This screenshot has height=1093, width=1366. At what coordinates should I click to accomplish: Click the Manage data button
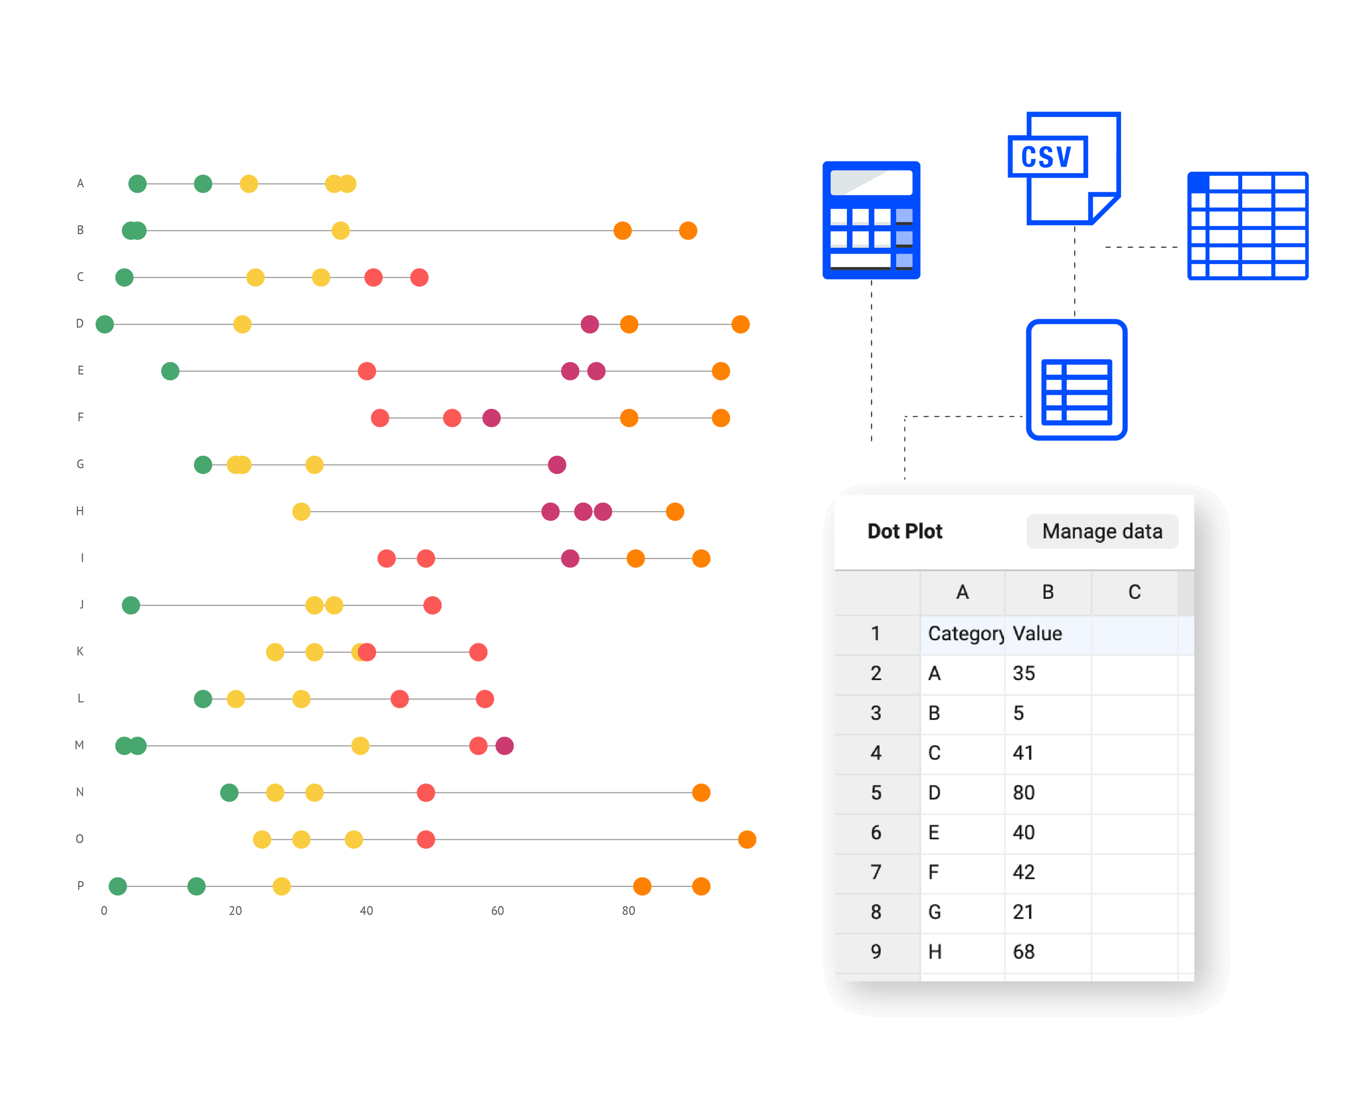pyautogui.click(x=1102, y=531)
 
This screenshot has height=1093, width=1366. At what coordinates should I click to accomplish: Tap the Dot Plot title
pyautogui.click(x=904, y=531)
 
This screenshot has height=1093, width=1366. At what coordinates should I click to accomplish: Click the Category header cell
pyautogui.click(x=963, y=633)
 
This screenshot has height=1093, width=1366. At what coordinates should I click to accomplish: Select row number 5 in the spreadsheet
pyautogui.click(x=876, y=793)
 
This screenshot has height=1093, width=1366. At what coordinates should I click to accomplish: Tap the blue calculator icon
pyautogui.click(x=871, y=220)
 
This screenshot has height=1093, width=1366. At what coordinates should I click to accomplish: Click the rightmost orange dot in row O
pyautogui.click(x=747, y=839)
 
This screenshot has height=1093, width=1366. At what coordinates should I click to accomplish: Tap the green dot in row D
pyautogui.click(x=105, y=324)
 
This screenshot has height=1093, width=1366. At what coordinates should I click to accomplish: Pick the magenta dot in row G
pyautogui.click(x=556, y=465)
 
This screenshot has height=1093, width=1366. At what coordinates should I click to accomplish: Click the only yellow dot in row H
pyautogui.click(x=301, y=511)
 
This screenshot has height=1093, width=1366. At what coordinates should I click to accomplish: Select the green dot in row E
pyautogui.click(x=170, y=371)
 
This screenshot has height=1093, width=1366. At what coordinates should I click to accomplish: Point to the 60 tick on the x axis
pyautogui.click(x=497, y=910)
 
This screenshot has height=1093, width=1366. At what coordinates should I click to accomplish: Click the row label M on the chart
pyautogui.click(x=79, y=745)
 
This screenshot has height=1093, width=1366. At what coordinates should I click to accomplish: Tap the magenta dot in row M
pyautogui.click(x=505, y=746)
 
